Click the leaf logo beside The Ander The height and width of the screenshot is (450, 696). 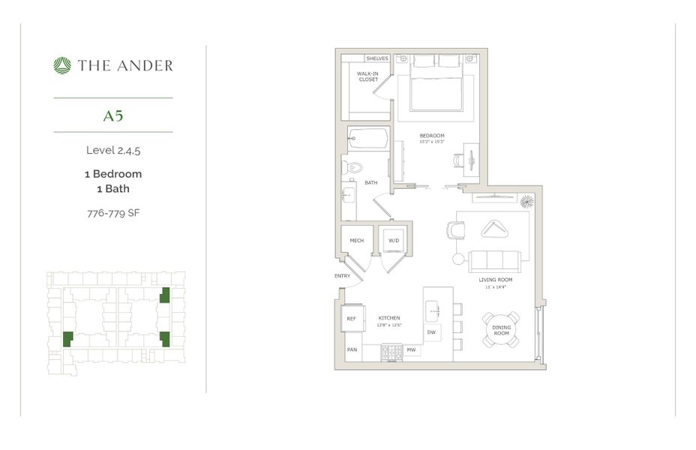point(62,66)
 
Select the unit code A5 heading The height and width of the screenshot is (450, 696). point(113,115)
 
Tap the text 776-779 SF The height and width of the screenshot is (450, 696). point(113,213)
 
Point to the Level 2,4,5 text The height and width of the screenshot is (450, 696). point(113,150)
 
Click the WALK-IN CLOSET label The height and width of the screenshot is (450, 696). point(367,76)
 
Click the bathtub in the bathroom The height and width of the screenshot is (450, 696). point(367,139)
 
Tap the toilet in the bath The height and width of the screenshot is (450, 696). point(354,166)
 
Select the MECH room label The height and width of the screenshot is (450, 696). point(357,241)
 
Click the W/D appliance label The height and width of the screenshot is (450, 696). point(394,241)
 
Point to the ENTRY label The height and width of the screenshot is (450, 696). point(343,276)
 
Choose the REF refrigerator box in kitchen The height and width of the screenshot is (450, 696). point(351,319)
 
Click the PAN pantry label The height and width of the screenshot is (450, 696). point(351,349)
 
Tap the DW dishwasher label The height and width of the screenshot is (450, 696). point(431,331)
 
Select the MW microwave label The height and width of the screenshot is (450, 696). point(411,349)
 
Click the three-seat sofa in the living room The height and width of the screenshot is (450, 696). point(495,261)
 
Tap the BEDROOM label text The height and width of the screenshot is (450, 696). point(432,136)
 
